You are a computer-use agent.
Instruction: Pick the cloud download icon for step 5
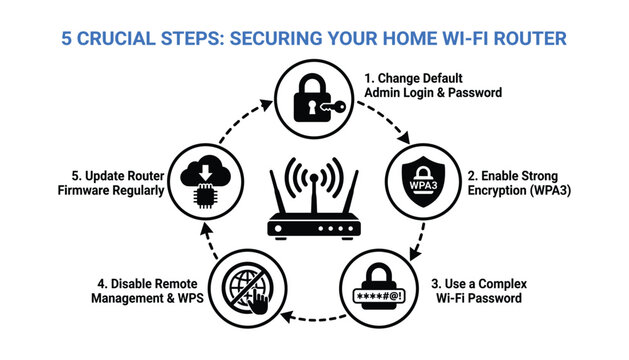[x=206, y=175]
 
